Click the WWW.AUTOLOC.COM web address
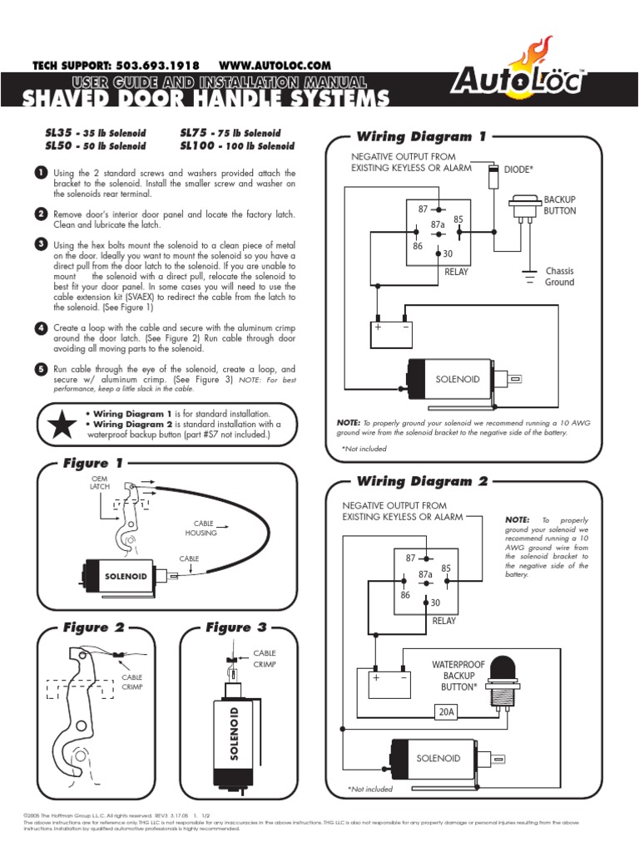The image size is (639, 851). click(x=275, y=65)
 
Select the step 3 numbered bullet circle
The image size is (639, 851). click(x=41, y=243)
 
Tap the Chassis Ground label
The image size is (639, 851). click(x=559, y=277)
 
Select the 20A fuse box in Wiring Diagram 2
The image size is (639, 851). click(x=446, y=711)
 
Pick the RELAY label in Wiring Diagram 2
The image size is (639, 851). click(x=443, y=620)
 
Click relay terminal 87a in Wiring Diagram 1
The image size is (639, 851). click(x=438, y=224)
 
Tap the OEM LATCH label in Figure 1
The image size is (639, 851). click(x=100, y=484)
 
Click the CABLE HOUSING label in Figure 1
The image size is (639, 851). click(x=201, y=528)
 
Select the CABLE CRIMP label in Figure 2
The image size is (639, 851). click(x=132, y=682)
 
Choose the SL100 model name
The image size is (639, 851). click(x=198, y=145)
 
